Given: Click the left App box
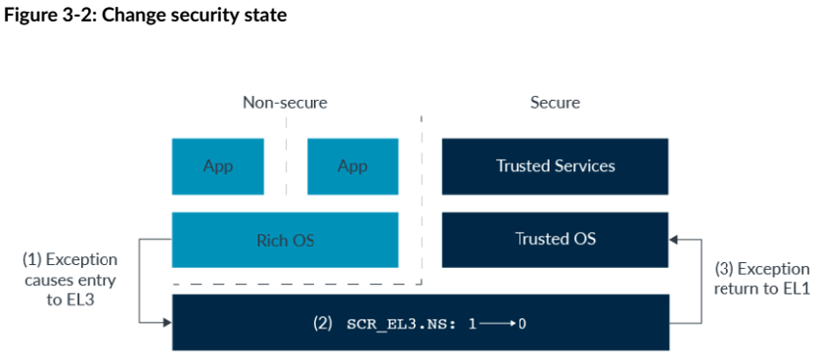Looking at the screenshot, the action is click(217, 166).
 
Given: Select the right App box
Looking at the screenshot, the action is click(353, 166).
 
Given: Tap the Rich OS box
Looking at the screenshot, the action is click(285, 240).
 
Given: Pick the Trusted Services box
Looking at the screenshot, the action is click(555, 166).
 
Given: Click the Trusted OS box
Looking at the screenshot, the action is click(555, 240).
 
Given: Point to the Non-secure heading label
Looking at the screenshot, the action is click(285, 103).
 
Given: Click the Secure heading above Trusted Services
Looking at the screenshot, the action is click(555, 103).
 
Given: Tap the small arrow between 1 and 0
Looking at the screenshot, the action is click(497, 324).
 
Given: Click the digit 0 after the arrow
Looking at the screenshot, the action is click(522, 324).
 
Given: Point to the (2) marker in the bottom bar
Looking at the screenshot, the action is click(322, 324).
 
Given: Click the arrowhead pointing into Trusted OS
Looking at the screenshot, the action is click(673, 240).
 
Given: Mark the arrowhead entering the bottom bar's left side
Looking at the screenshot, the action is click(167, 323).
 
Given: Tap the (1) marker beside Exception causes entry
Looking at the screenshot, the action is click(32, 259).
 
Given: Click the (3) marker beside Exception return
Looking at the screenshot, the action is click(724, 269).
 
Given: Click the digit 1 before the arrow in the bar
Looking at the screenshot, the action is click(472, 324).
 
